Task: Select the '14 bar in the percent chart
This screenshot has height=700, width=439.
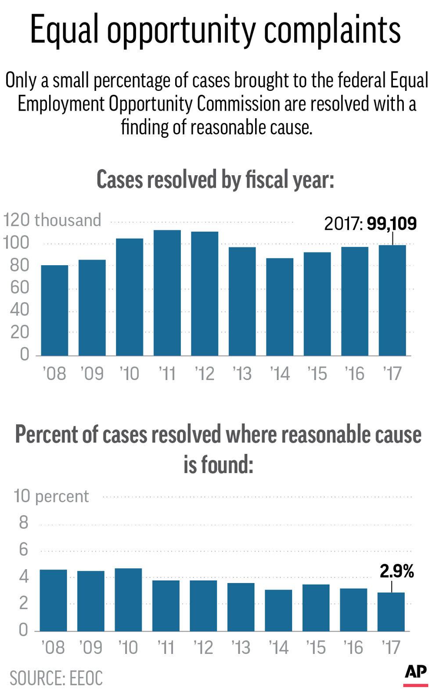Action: point(278,610)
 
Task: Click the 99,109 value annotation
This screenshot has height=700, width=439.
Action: point(392,224)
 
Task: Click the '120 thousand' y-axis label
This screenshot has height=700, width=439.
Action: point(52,220)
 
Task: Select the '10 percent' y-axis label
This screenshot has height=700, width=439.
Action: point(51,496)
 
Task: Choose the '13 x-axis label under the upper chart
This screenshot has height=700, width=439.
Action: point(242,374)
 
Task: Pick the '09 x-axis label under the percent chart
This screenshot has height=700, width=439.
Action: point(90,647)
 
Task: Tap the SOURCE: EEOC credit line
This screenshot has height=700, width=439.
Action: point(56,678)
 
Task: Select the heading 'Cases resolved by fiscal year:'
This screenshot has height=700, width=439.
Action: point(215,180)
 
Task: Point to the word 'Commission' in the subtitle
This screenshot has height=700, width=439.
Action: point(238,104)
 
